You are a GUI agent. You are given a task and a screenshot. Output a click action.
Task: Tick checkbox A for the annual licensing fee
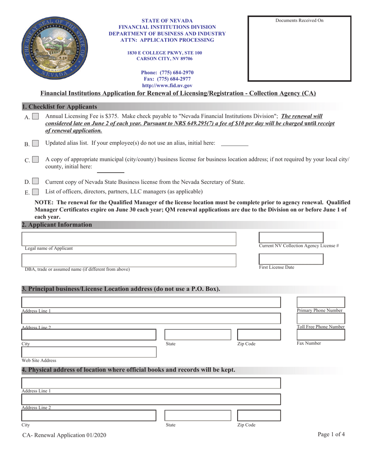coord(35,116)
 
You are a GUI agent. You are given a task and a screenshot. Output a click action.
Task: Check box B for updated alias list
coord(35,144)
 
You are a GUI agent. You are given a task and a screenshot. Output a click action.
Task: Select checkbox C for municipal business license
coord(35,159)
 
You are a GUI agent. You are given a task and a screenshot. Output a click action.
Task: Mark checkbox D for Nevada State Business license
coord(35,181)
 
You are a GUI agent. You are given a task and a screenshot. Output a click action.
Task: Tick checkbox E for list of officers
coord(35,192)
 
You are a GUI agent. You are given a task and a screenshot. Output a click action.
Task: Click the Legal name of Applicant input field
coord(128,239)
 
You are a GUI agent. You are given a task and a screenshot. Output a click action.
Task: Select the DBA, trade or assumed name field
coord(128,260)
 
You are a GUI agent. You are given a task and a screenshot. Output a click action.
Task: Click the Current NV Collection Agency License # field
coord(291,237)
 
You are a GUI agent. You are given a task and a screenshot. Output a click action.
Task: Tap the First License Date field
coord(291,259)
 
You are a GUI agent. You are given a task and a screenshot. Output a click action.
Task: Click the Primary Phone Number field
coord(320,302)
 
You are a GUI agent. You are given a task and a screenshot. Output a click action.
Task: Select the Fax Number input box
coord(320,334)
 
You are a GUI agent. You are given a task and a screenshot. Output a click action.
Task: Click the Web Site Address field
coord(89,352)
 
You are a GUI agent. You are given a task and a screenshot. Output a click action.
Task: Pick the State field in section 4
coord(198,415)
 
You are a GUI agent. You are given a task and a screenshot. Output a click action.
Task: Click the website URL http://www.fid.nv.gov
coord(167,86)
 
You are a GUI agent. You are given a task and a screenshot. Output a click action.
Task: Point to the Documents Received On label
coord(299,20)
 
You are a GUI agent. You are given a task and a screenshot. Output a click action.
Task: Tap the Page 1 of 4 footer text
coord(331,434)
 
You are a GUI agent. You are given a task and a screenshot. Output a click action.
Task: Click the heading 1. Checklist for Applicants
coord(59,107)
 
